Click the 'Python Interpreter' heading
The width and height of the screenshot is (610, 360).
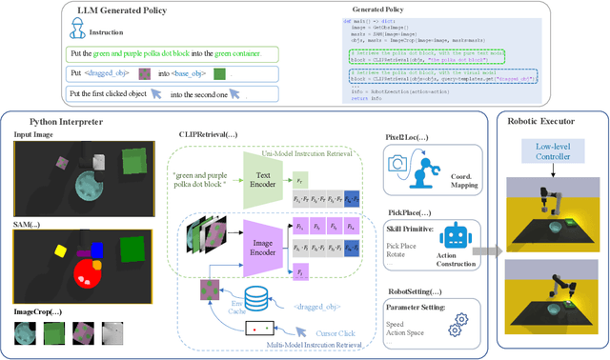(x=48, y=122)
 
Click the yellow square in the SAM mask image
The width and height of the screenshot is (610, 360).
(x=59, y=251)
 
